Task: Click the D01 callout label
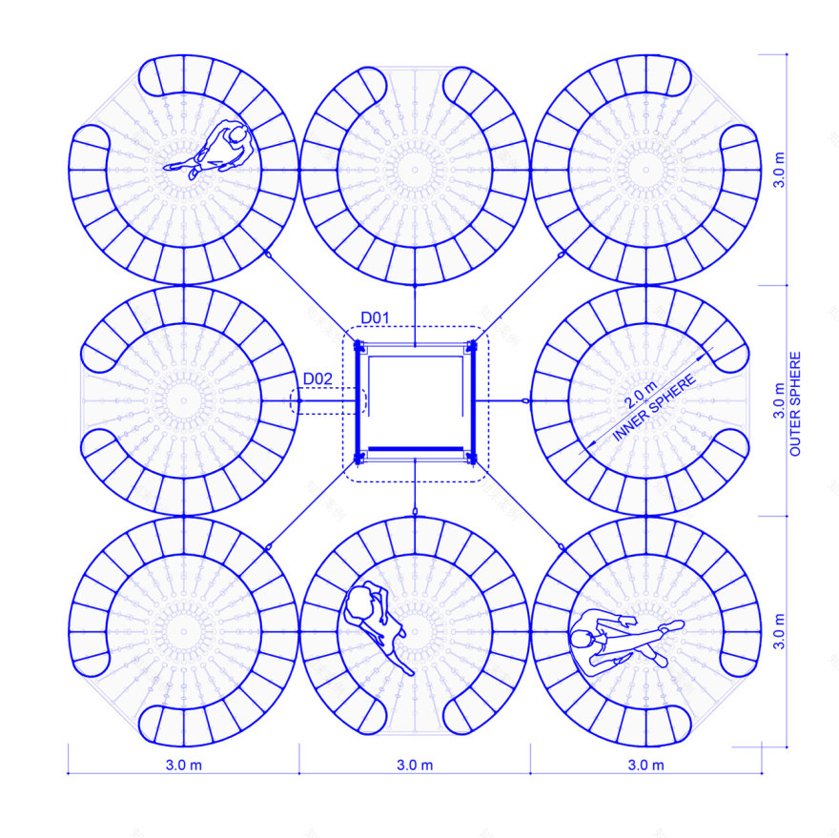375,317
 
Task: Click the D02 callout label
317,378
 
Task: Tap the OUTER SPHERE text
795,404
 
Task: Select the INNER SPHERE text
654,408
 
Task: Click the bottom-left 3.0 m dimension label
183,766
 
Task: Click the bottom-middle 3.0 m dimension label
415,766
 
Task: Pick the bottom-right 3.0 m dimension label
645,766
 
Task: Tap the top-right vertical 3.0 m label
779,170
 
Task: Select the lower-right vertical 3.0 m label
779,631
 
